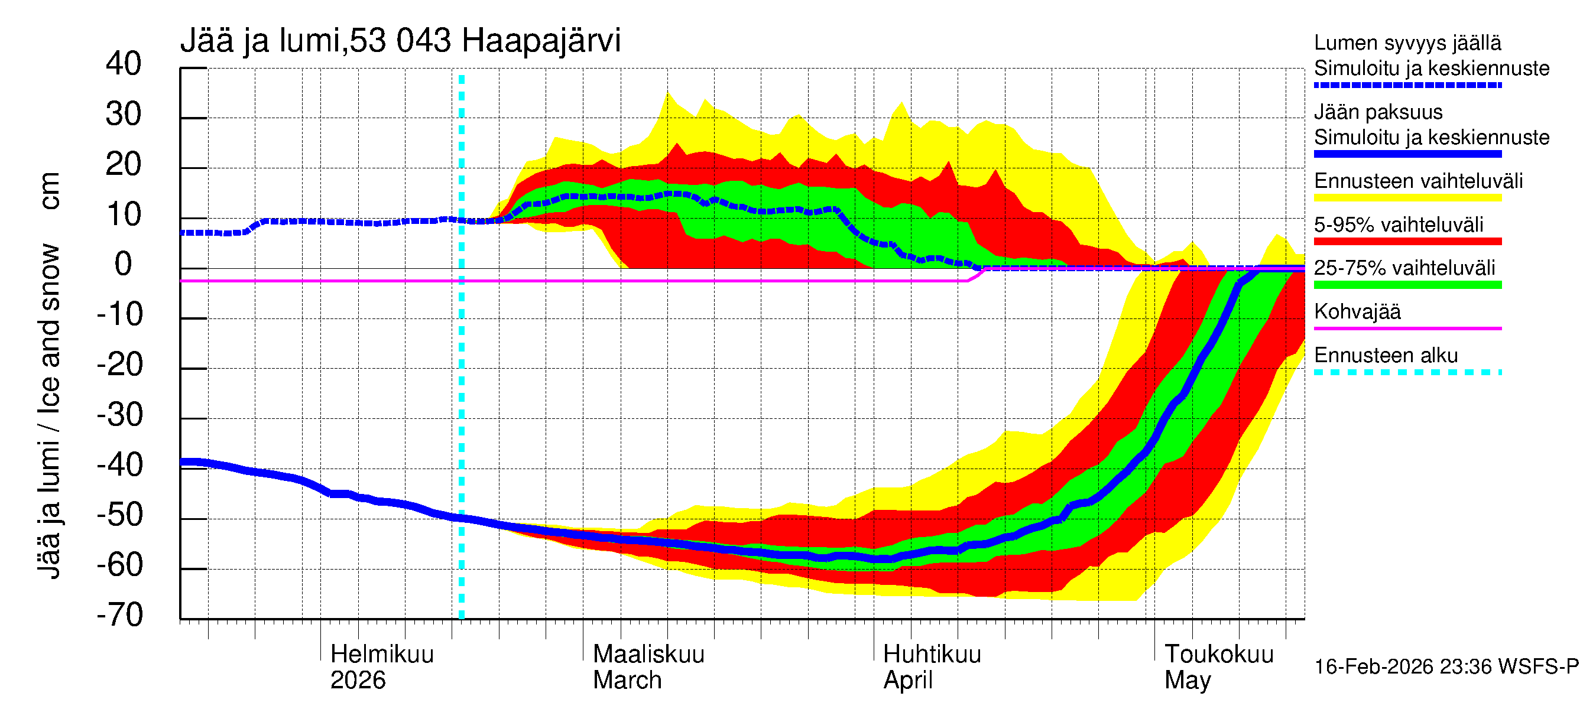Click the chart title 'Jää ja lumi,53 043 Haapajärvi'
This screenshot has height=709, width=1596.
[400, 41]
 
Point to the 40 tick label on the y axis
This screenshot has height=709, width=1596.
[124, 64]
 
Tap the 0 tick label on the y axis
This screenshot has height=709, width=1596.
[124, 265]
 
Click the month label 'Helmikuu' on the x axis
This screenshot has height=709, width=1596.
[382, 654]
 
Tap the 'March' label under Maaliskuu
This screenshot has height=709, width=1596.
[627, 680]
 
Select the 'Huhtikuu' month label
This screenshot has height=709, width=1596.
[931, 654]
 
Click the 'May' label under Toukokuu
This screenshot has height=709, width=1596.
[1186, 680]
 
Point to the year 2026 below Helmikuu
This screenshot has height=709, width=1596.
[358, 680]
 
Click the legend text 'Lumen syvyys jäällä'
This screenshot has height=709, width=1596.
[1407, 43]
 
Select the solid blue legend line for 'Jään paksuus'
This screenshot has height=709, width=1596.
[1407, 154]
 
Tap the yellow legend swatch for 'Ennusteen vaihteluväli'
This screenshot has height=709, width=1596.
[1407, 198]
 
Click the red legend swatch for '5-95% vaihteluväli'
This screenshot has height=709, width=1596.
[1407, 242]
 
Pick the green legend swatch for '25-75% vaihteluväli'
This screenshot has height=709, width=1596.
[1407, 285]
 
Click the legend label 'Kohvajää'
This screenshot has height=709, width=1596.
[1357, 311]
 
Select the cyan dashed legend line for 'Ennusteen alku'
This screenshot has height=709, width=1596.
[1407, 372]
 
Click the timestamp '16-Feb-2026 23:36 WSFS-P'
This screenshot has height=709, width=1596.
[1446, 666]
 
